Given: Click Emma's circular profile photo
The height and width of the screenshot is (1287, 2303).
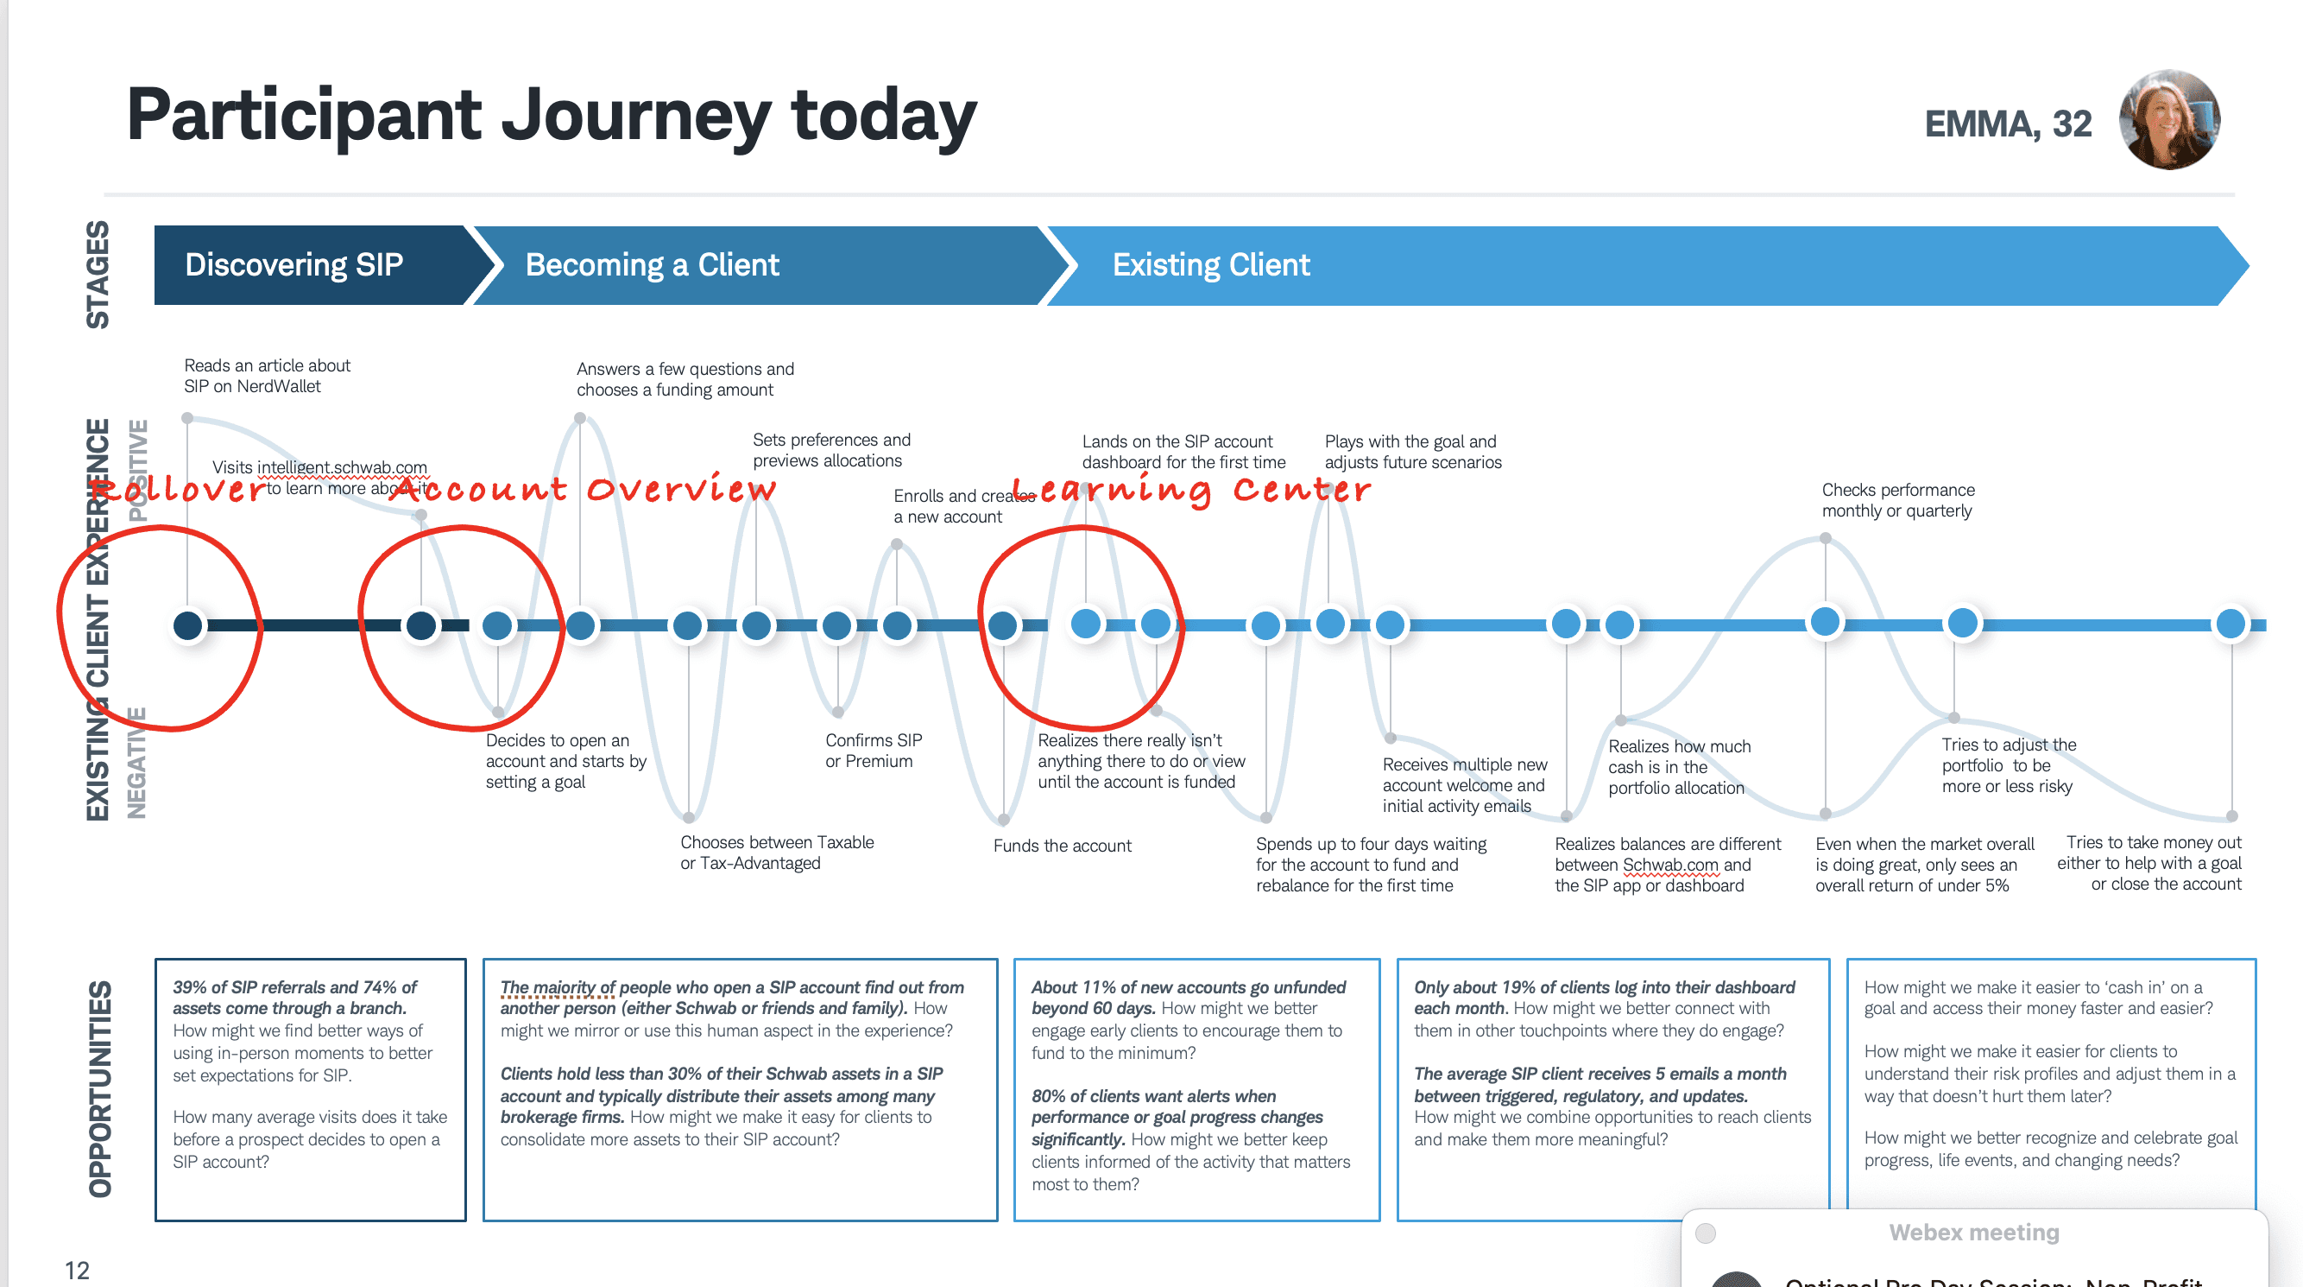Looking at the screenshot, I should click(x=2169, y=120).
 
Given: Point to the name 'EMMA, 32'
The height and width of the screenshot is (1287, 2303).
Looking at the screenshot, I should click(x=2007, y=124).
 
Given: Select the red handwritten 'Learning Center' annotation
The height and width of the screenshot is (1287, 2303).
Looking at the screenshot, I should click(x=1191, y=489).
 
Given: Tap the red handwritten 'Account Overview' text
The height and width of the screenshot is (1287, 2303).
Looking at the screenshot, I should click(x=583, y=489).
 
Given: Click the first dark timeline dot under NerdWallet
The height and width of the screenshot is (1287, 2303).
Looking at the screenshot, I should click(x=188, y=625).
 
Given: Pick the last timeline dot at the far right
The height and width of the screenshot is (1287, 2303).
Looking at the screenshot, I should click(x=2230, y=624).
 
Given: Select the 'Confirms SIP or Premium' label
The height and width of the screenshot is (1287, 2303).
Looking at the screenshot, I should click(x=873, y=751).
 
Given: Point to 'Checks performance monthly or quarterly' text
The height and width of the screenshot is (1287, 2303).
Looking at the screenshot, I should click(x=1897, y=500).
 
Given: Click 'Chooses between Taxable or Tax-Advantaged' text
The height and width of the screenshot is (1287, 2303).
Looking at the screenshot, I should click(x=776, y=853).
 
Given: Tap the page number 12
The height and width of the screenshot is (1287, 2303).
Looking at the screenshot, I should click(x=77, y=1270).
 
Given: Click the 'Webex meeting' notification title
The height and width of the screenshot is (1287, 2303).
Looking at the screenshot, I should click(x=1973, y=1233).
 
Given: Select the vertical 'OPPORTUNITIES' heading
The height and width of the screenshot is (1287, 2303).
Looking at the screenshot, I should click(x=100, y=1088).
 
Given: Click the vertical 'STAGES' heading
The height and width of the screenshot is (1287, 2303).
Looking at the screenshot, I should click(x=98, y=274).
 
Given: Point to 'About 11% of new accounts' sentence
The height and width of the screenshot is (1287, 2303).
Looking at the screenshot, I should click(x=1187, y=987).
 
